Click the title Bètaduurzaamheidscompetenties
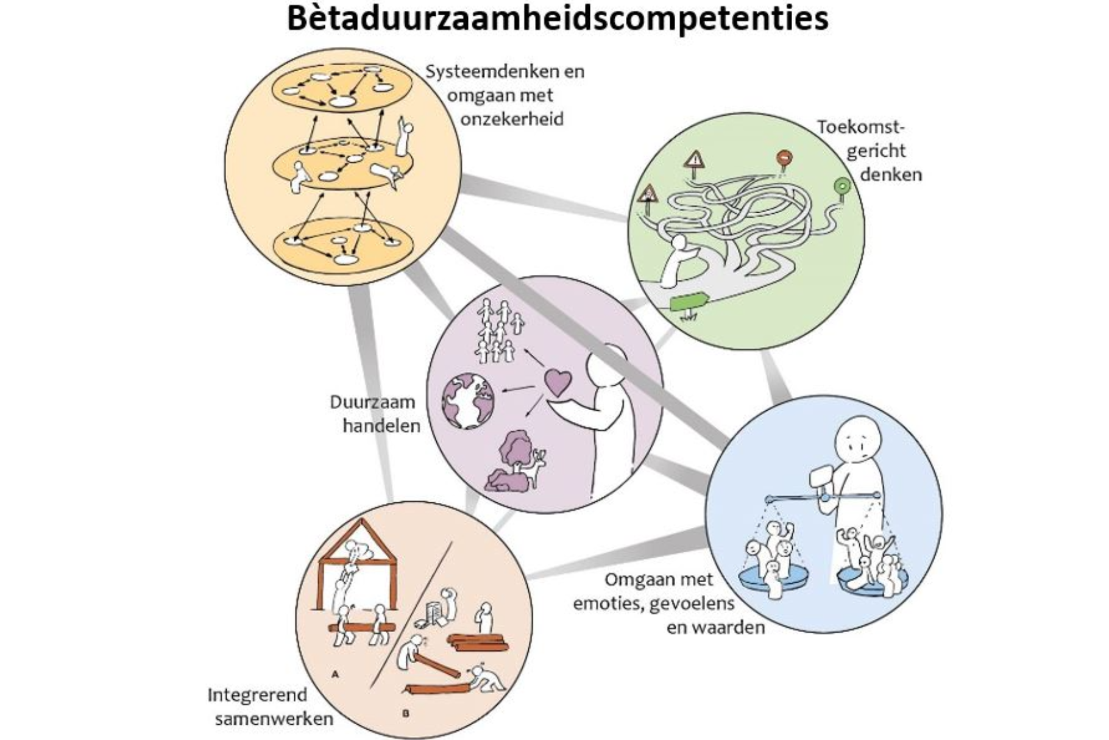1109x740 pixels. tap(557, 18)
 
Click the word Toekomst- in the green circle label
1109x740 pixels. tap(860, 127)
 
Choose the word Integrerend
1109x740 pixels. tap(257, 696)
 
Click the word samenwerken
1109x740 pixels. tap(274, 719)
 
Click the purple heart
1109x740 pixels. tap(558, 382)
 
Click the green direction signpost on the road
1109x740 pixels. tap(689, 301)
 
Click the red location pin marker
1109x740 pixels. tap(784, 157)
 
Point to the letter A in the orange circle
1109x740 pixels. tap(335, 675)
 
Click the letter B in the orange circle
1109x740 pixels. tap(405, 713)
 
